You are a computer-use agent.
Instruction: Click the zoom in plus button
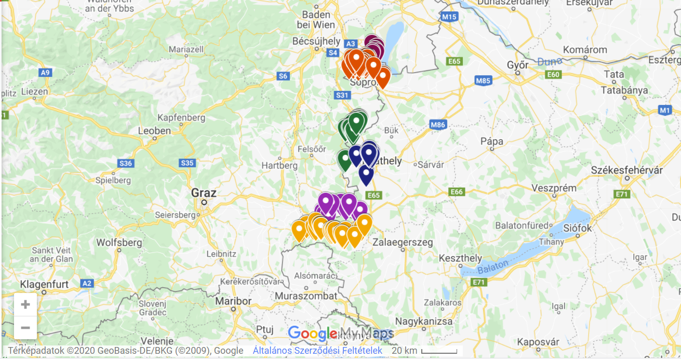pos(25,304)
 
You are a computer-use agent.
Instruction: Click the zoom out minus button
pos(25,328)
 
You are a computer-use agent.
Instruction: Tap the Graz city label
pos(204,193)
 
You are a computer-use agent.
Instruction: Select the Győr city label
pos(517,65)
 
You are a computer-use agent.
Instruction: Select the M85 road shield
pos(483,81)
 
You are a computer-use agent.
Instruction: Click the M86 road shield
pos(438,125)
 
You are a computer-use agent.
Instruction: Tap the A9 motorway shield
pos(45,72)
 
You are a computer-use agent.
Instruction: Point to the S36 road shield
pos(126,164)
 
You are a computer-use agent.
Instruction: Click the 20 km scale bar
pos(439,352)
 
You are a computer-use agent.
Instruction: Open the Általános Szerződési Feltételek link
pos(317,351)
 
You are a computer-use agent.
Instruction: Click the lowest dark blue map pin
pos(366,174)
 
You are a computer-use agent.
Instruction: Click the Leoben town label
pos(155,131)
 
